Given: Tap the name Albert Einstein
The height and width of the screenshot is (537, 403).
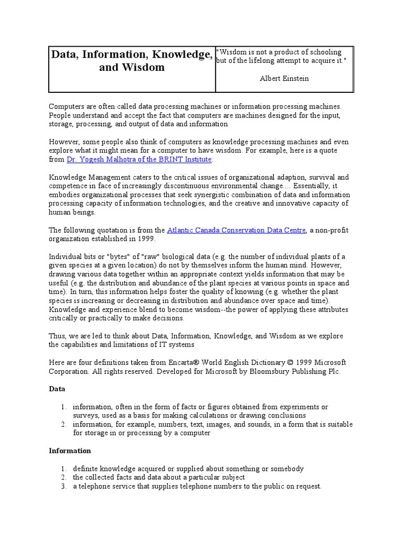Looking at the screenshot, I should [284, 78].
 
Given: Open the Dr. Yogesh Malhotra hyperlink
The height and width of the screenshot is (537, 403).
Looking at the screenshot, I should [139, 159].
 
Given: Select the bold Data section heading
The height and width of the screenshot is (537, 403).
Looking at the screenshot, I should [57, 390].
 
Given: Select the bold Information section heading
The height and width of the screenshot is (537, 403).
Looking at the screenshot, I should [70, 450].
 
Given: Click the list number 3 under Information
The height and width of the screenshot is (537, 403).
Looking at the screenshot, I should [62, 486].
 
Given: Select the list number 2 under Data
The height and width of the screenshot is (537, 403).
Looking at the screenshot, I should [62, 424].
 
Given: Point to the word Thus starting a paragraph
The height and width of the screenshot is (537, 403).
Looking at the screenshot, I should [57, 336].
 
